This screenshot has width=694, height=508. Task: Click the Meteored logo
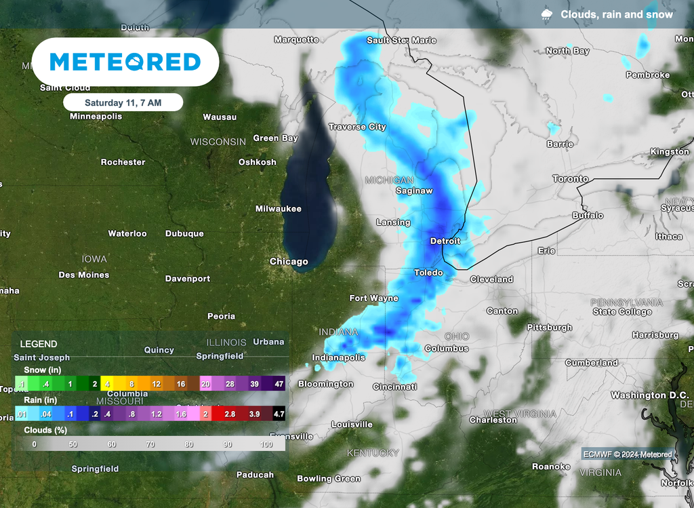(125, 62)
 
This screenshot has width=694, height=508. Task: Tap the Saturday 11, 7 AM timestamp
(123, 102)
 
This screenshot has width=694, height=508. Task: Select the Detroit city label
(445, 241)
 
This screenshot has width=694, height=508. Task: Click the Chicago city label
(289, 262)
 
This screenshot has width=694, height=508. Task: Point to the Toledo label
(428, 273)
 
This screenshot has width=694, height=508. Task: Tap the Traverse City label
(357, 127)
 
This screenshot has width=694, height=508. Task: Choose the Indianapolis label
(338, 357)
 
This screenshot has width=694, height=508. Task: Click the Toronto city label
(570, 179)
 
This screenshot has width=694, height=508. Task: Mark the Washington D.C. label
(649, 395)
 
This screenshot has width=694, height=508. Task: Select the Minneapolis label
(96, 116)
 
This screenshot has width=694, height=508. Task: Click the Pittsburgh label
(550, 328)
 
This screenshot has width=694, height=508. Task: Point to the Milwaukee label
(278, 209)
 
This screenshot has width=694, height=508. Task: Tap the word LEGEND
(39, 344)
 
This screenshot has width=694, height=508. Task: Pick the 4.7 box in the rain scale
(278, 414)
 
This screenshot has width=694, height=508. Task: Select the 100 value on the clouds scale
(266, 444)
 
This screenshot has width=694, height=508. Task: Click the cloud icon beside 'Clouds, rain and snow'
(546, 14)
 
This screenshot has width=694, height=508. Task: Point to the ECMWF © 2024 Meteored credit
(628, 454)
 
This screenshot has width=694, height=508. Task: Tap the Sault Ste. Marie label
(401, 40)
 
